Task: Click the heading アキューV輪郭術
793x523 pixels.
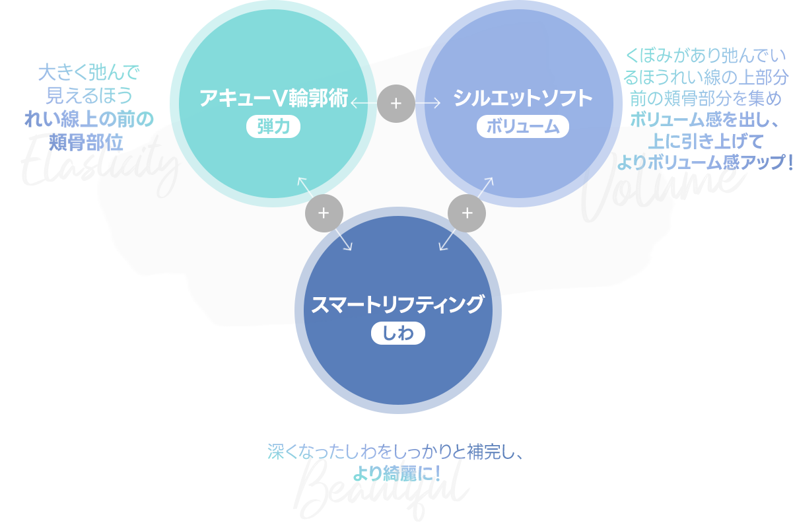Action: (x=273, y=98)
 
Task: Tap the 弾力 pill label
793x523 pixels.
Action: (x=273, y=126)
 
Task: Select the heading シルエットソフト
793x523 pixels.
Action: (x=522, y=98)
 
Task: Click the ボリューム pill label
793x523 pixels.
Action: (x=522, y=127)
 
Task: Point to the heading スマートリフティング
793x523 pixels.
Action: (x=397, y=304)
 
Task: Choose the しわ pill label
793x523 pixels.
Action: (x=397, y=333)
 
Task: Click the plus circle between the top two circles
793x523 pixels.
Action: (x=396, y=103)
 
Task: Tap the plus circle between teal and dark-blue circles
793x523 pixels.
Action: (x=324, y=213)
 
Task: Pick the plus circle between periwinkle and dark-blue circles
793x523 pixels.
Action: (x=467, y=213)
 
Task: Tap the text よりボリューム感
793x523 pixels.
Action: (x=680, y=161)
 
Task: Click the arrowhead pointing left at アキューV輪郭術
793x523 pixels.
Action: (x=353, y=103)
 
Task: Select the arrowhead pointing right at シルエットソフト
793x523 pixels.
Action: (x=438, y=103)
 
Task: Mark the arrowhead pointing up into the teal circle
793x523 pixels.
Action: (x=300, y=180)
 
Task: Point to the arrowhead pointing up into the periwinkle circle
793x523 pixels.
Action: (x=491, y=180)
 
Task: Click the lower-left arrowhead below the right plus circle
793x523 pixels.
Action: (x=442, y=248)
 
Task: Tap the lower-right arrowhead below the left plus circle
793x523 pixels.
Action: (x=349, y=248)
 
